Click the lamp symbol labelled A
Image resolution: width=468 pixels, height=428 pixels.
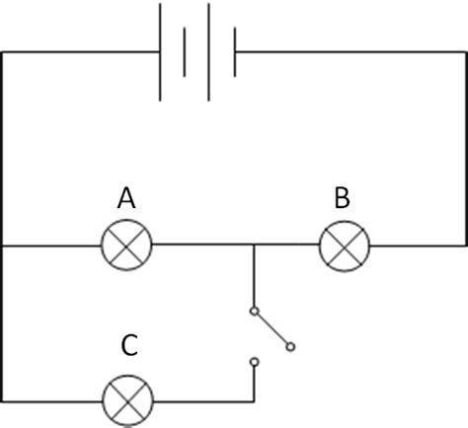point(128,245)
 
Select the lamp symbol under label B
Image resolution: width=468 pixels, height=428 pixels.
point(344,245)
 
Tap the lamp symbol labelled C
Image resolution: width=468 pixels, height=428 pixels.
point(128,400)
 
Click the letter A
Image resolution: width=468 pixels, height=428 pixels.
point(127,198)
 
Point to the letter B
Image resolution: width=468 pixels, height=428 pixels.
point(342,198)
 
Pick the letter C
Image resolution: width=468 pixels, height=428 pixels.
point(129,346)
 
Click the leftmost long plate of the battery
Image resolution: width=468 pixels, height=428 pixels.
point(160,51)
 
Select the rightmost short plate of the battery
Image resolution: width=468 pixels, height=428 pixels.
point(235,51)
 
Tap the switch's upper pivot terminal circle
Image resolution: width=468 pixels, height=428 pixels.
point(254,312)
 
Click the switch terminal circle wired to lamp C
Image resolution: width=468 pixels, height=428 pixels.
point(254,363)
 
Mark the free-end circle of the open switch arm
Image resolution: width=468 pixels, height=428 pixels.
point(290,346)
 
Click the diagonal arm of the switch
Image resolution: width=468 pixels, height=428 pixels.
point(272,328)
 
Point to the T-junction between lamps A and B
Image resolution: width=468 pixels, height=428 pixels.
point(254,245)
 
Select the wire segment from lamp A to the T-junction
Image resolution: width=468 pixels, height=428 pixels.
point(202,245)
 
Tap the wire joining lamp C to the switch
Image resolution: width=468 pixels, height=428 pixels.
point(207,400)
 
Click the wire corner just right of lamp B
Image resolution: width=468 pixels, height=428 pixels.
point(465,245)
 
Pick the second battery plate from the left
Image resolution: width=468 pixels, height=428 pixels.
point(185,51)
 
